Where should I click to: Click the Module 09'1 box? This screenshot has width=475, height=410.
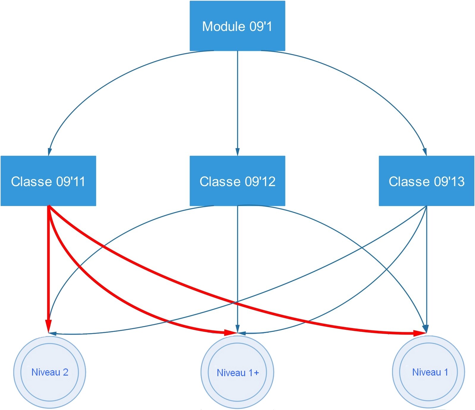[x=237, y=26]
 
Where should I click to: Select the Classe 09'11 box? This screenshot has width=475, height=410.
[x=48, y=181]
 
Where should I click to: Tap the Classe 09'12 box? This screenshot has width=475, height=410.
[x=237, y=181]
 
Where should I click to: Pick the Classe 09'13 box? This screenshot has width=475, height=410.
[x=426, y=181]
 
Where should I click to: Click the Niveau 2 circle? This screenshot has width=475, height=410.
[x=50, y=372]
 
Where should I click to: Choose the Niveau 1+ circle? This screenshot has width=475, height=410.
[x=237, y=373]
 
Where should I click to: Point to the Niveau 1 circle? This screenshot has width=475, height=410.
[x=428, y=372]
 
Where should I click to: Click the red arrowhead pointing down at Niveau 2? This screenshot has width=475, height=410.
[x=48, y=325]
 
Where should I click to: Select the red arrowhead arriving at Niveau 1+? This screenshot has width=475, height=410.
[x=230, y=333]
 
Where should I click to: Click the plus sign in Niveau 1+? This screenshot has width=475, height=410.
[x=256, y=373]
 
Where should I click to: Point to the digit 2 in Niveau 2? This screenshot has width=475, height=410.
[x=65, y=372]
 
